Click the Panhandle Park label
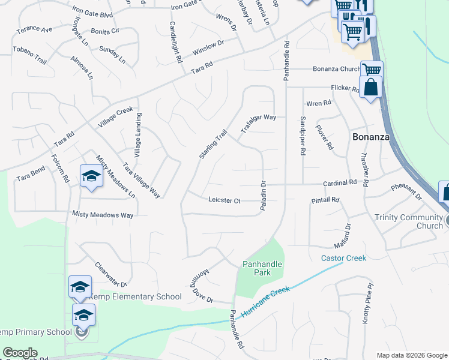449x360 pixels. [262, 268]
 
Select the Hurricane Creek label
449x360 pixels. [265, 302]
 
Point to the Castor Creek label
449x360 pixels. [343, 258]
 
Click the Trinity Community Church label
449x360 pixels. [408, 221]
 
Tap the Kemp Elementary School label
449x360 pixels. [134, 296]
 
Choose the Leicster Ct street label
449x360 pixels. [224, 200]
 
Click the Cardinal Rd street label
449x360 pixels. [340, 182]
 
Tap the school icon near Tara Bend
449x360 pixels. [91, 176]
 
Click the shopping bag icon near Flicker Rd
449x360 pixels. [370, 87]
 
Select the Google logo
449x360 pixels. [20, 353]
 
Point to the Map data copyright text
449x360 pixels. [411, 355]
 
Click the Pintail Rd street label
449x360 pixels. [325, 200]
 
